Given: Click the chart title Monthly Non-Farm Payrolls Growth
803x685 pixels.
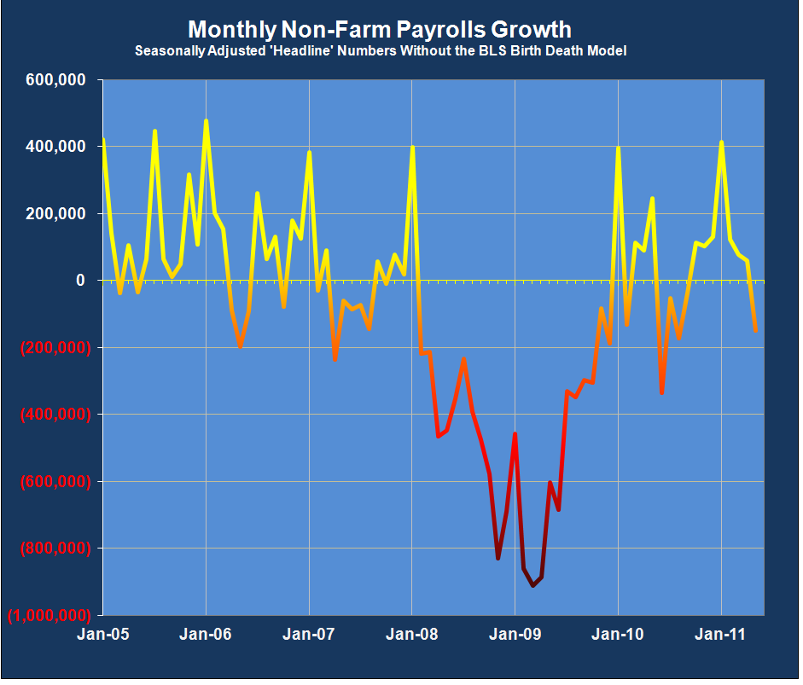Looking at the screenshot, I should click(379, 30).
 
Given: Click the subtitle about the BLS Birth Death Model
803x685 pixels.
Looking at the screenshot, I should click(381, 51).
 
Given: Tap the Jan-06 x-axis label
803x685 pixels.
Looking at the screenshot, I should click(206, 635).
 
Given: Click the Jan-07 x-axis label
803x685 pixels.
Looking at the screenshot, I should click(309, 635).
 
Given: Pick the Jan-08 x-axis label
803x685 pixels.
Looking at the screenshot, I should click(412, 635).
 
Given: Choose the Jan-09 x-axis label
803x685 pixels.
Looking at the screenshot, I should click(515, 635).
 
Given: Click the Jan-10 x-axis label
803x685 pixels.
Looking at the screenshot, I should click(618, 635).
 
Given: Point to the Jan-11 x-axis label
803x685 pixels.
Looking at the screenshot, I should click(721, 635).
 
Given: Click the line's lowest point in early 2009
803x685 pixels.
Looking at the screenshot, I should click(532, 585).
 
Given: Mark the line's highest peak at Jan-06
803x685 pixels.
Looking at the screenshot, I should click(206, 121).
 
